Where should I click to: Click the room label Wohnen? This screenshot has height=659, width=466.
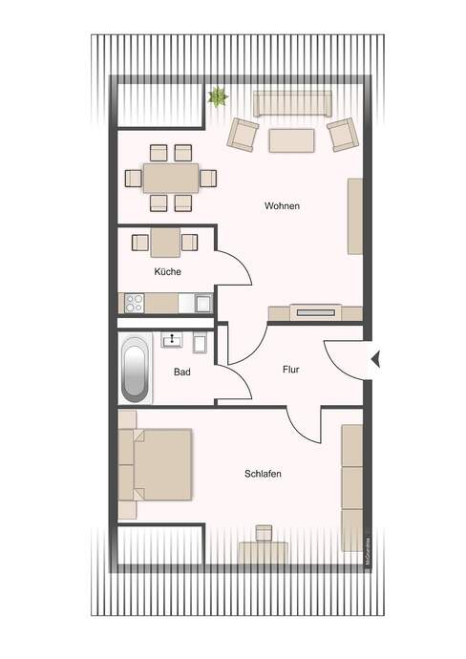point(284,206)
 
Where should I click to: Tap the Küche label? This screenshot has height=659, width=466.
point(167,271)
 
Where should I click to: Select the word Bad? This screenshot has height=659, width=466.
point(181,372)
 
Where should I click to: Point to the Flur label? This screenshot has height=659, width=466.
point(292,368)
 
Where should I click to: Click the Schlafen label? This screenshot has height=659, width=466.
point(263,474)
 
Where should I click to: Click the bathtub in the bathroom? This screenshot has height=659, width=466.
point(135,369)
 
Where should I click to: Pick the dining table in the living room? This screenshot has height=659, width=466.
point(170,178)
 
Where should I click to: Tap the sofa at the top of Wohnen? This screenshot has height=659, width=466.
point(291,102)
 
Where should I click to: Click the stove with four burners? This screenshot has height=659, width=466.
point(134,303)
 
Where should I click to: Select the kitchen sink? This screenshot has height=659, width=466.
point(202,303)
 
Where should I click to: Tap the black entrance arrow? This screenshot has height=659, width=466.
point(374,359)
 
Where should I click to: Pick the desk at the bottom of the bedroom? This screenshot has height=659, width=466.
point(263,550)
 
